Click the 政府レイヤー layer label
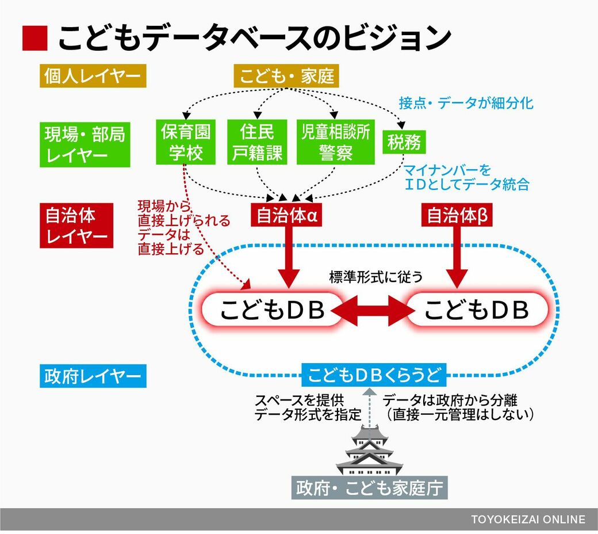pyautogui.click(x=93, y=376)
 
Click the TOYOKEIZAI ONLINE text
pyautogui.click(x=528, y=520)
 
